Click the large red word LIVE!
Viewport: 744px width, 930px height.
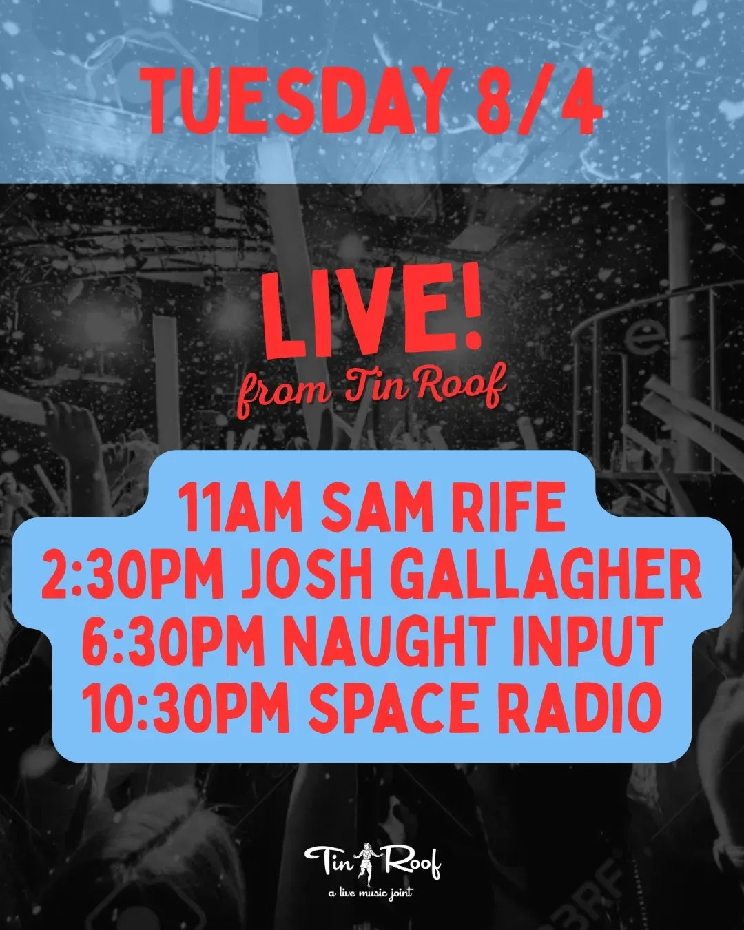[x=372, y=311]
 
